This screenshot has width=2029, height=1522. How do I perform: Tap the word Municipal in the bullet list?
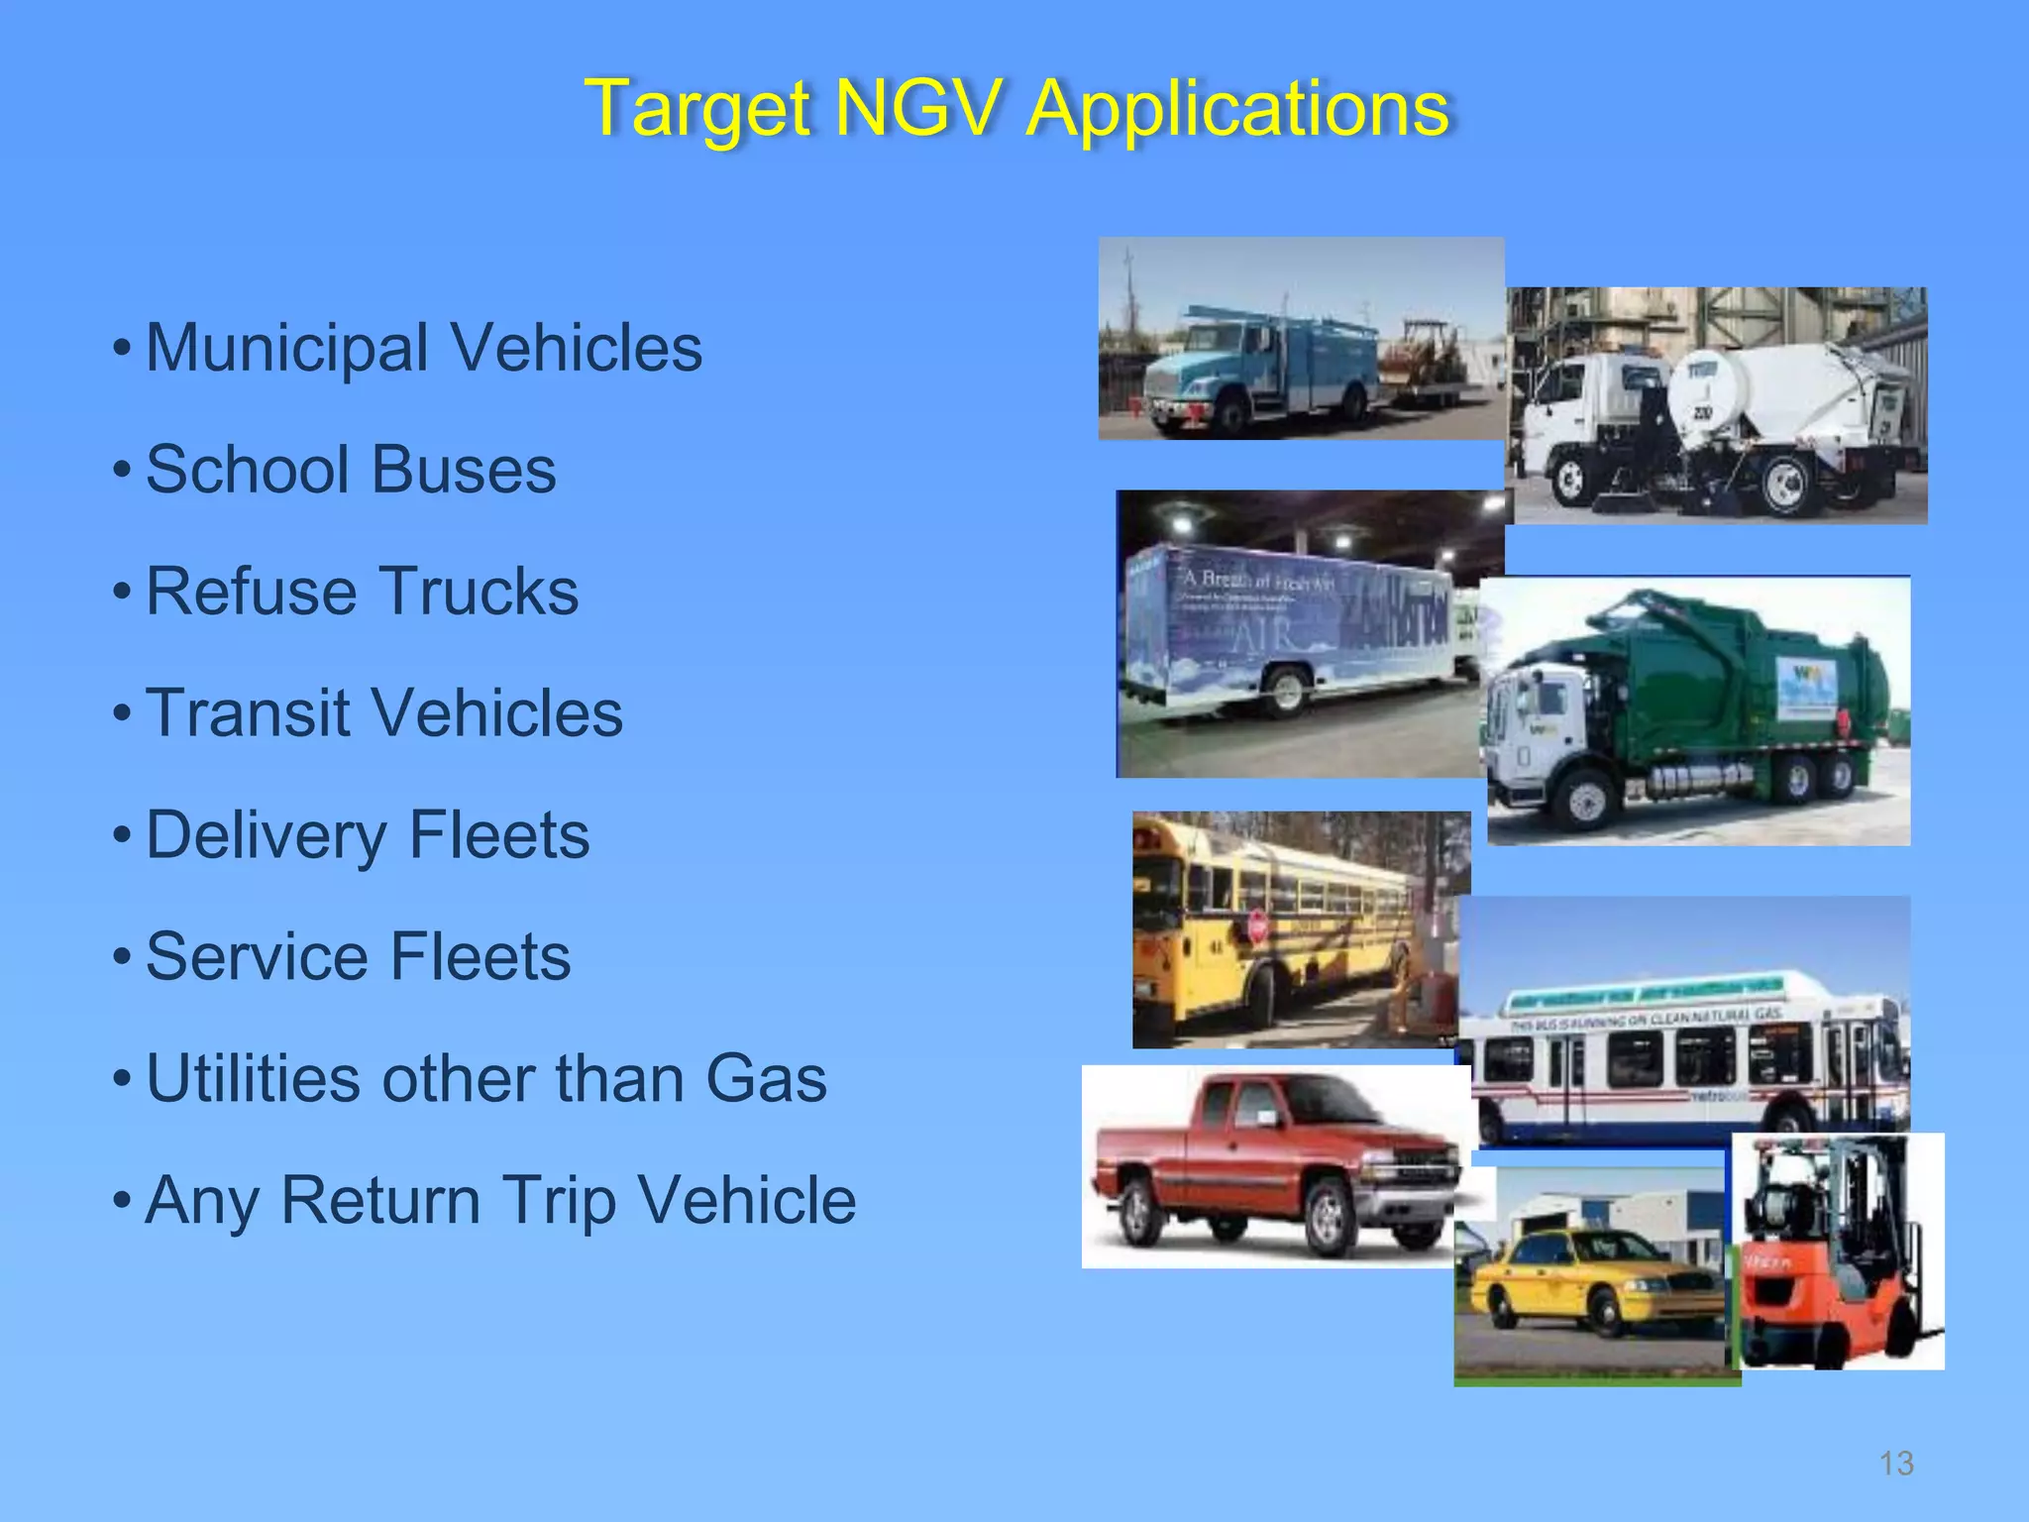pyautogui.click(x=287, y=349)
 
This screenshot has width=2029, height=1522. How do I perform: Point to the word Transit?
pyautogui.click(x=248, y=713)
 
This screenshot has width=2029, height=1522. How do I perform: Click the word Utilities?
pyautogui.click(x=253, y=1078)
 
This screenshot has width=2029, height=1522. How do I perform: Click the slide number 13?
pyautogui.click(x=1896, y=1464)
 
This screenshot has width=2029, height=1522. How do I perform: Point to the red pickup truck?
pyautogui.click(x=1278, y=1169)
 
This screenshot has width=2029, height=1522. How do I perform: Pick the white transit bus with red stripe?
pyautogui.click(x=1684, y=1060)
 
